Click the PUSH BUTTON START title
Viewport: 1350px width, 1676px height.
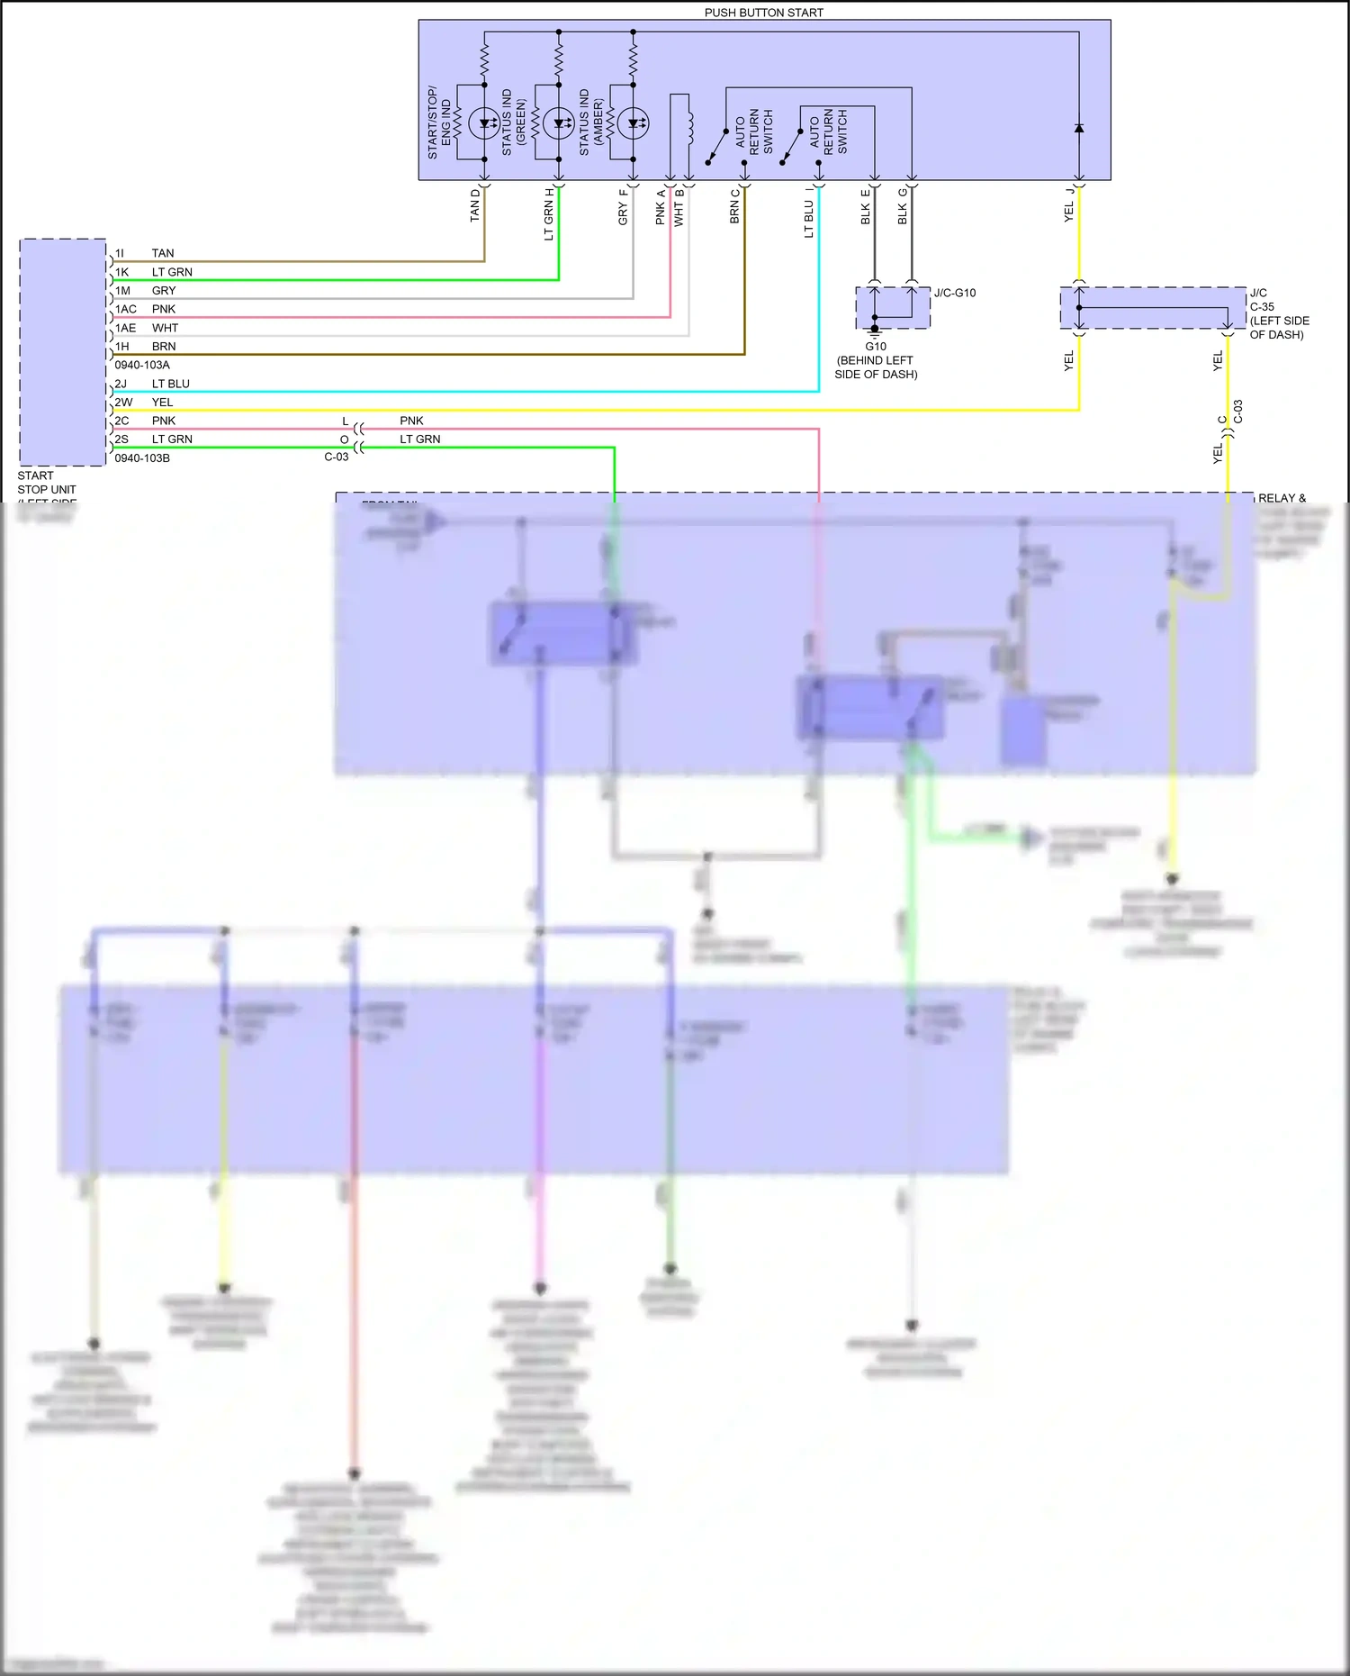pos(763,13)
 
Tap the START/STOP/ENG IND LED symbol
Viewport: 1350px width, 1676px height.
pos(484,123)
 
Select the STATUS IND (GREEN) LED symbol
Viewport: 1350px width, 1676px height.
pos(559,123)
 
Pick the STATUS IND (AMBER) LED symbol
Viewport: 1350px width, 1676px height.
pos(633,123)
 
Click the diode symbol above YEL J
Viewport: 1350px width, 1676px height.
pos(1079,128)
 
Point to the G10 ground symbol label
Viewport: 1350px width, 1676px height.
pos(876,346)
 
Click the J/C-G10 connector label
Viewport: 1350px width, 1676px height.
pos(955,293)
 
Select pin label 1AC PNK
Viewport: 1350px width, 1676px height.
pos(145,309)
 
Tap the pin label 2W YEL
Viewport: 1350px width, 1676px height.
pos(143,402)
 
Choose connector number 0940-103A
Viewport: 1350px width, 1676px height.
pos(142,365)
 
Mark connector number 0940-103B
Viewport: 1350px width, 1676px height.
pos(142,458)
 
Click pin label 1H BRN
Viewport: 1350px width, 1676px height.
pos(145,346)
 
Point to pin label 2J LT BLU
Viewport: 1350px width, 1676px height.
pos(151,384)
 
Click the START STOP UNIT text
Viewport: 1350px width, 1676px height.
pos(47,483)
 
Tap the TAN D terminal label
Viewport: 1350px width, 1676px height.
pos(475,205)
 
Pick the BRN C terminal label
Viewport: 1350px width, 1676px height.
pos(734,205)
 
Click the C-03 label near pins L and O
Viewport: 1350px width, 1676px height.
pos(337,457)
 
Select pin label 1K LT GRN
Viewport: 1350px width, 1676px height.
pos(153,272)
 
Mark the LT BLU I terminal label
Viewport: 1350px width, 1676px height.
pos(808,212)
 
